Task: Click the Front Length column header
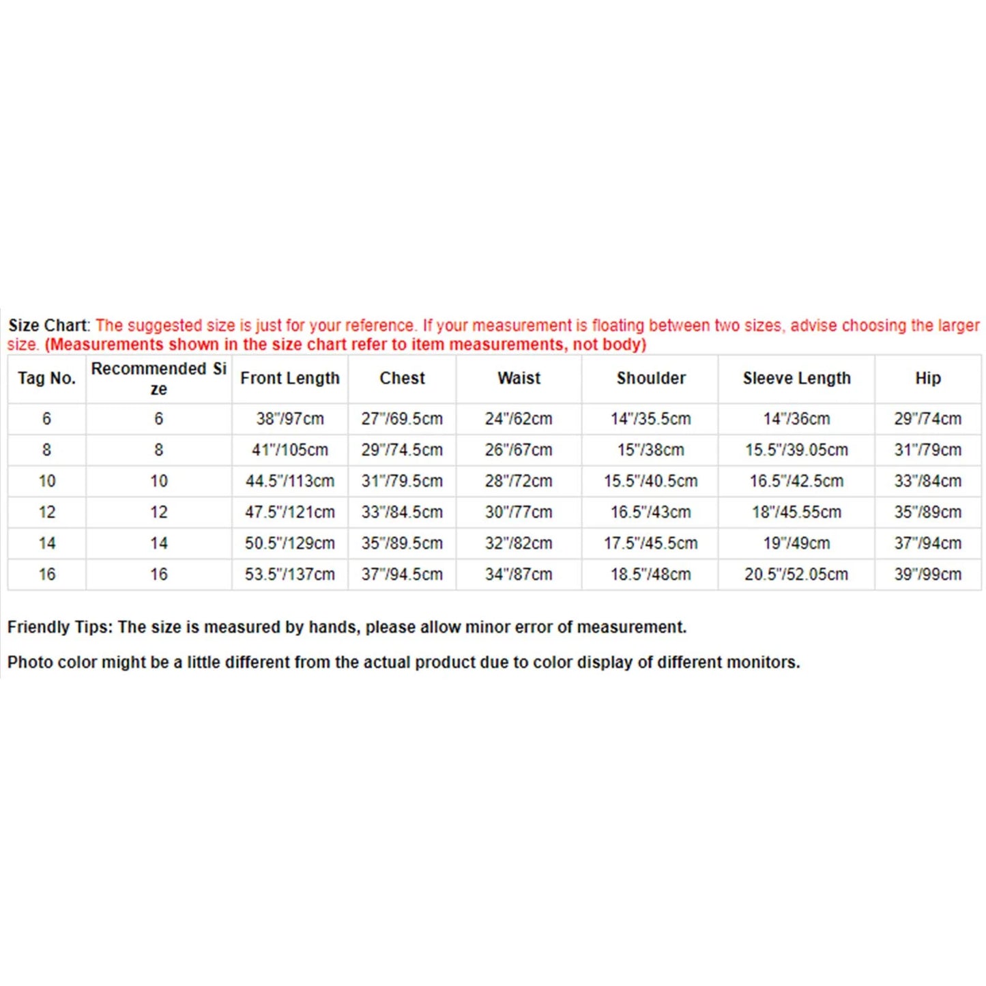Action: [x=289, y=378]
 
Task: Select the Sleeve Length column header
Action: [x=796, y=378]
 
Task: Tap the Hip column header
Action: [x=927, y=378]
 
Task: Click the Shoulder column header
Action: [x=651, y=378]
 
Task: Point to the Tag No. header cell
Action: [x=46, y=378]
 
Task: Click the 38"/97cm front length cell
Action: [x=289, y=418]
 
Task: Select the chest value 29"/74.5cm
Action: [x=402, y=450]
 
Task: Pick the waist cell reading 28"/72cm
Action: [x=519, y=481]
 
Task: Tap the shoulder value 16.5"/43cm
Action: [x=650, y=512]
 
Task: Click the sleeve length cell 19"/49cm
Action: [x=796, y=543]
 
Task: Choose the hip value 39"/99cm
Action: [x=927, y=575]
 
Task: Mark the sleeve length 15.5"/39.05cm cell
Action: [x=796, y=450]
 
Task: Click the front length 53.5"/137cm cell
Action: [x=289, y=575]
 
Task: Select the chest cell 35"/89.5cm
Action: [x=402, y=543]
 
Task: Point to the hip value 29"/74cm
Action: [x=927, y=418]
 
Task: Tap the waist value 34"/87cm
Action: [x=519, y=575]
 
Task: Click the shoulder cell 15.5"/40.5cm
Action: [x=650, y=481]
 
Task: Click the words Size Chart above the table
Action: [x=48, y=325]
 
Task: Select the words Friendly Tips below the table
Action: [x=59, y=627]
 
